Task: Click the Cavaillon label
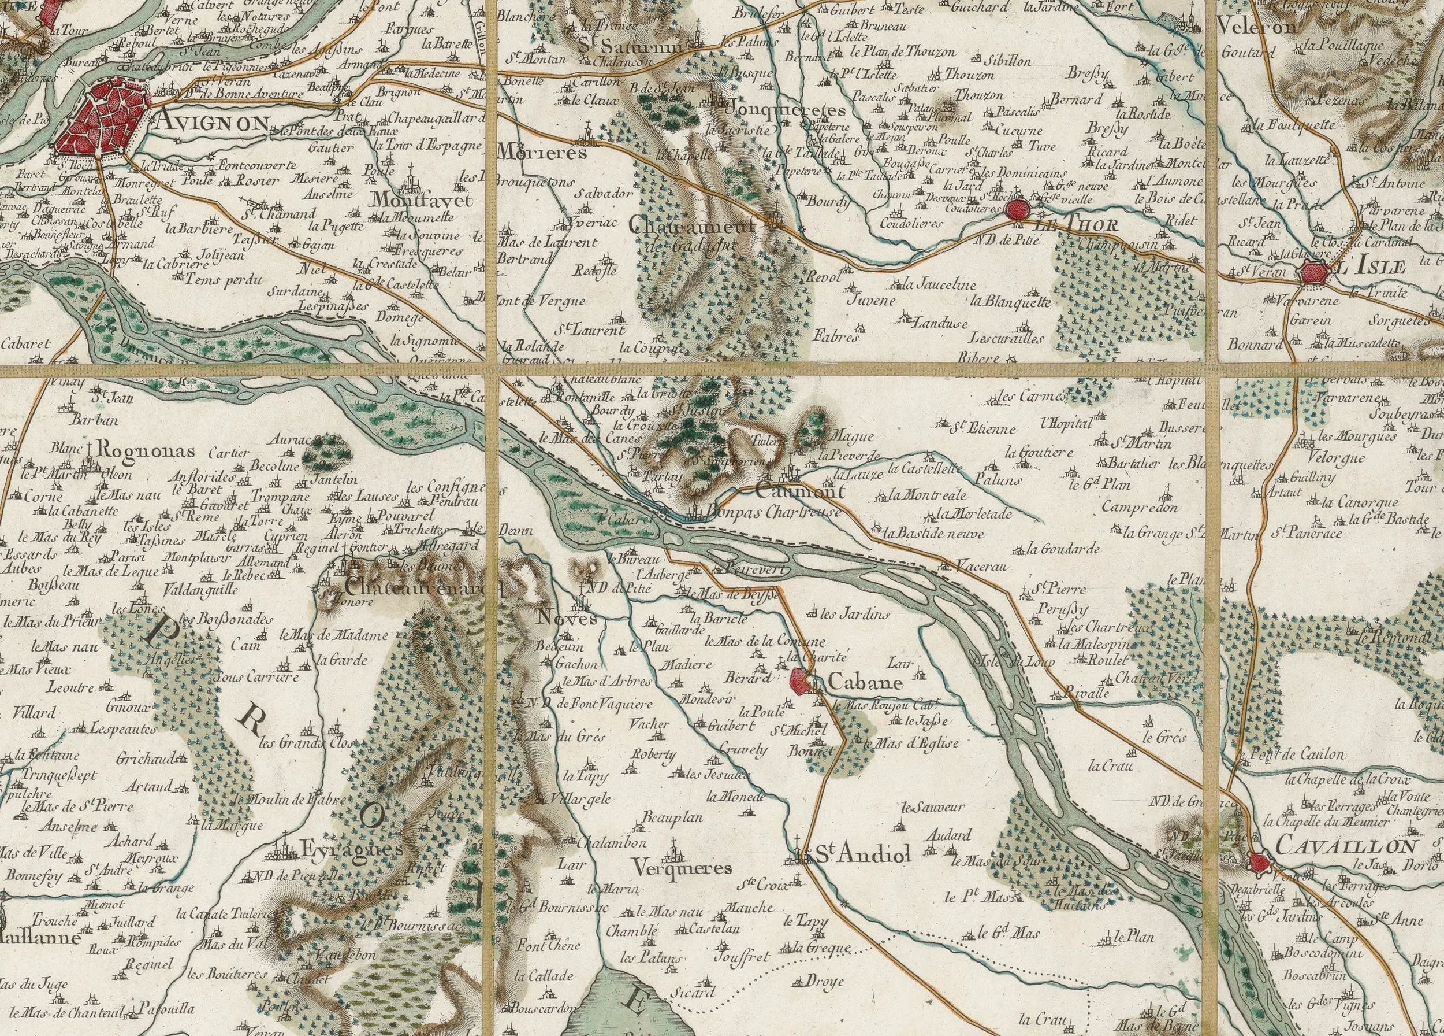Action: coord(1346,845)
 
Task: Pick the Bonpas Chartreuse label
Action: coord(770,512)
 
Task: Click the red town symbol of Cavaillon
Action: coord(1258,863)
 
